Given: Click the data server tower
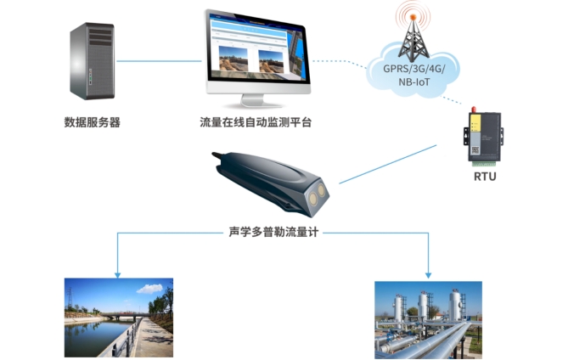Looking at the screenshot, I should pyautogui.click(x=91, y=61).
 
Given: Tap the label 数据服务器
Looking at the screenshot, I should pyautogui.click(x=92, y=122).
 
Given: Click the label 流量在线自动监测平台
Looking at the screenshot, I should pyautogui.click(x=256, y=122).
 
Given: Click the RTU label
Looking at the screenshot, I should pyautogui.click(x=485, y=177).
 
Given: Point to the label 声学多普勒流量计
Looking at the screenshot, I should pyautogui.click(x=273, y=231).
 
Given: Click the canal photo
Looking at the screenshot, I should pyautogui.click(x=119, y=317).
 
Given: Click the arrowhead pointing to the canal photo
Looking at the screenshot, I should pyautogui.click(x=118, y=273).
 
